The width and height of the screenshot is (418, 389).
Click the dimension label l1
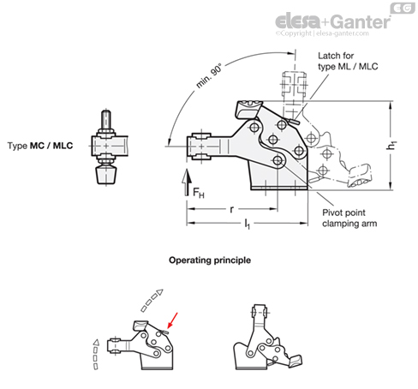(249, 225)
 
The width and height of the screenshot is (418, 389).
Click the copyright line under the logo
(331, 34)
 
